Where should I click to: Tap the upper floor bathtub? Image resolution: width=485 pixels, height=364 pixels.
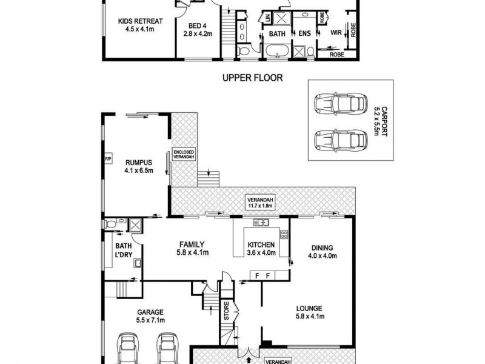point(278,52)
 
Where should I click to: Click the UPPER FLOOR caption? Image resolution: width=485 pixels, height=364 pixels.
point(252,78)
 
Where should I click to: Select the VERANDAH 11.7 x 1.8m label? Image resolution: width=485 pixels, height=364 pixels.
point(261,202)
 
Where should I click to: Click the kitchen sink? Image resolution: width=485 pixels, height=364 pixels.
point(261,223)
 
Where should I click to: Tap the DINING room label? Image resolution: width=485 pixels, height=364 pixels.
point(321,251)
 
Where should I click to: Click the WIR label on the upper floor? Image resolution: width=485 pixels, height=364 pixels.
point(335,34)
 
